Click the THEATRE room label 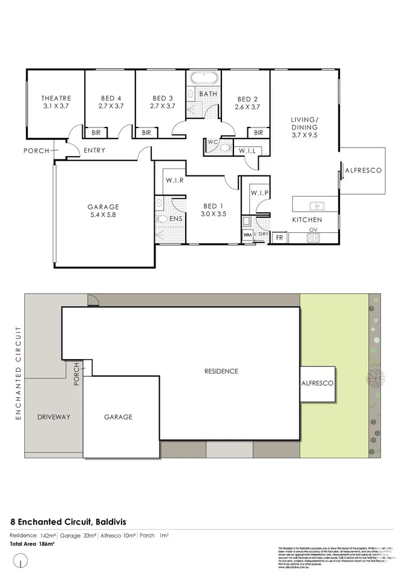pyautogui.click(x=56, y=98)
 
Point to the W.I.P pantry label pyautogui.click(x=259, y=193)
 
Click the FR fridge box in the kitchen pyautogui.click(x=279, y=238)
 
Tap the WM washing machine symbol pyautogui.click(x=247, y=235)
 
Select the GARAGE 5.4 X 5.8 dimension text pyautogui.click(x=103, y=214)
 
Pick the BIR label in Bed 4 pyautogui.click(x=96, y=133)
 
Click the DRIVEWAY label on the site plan pyautogui.click(x=54, y=417)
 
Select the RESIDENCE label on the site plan pyautogui.click(x=221, y=371)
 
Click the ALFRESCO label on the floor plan pyautogui.click(x=363, y=171)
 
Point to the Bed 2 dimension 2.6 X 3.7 pyautogui.click(x=247, y=107)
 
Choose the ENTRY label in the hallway pyautogui.click(x=94, y=151)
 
